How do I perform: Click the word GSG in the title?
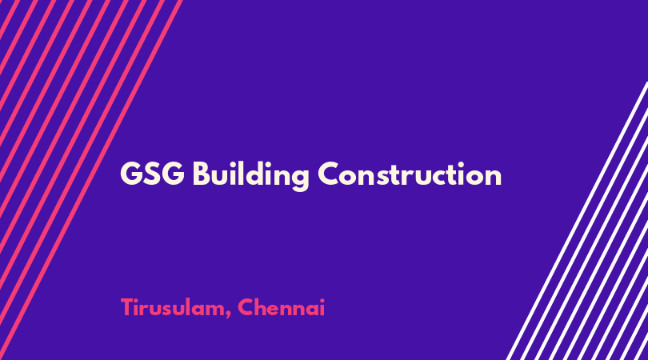coord(152,174)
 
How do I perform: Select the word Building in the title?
coord(251,175)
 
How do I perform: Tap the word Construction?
coord(410,174)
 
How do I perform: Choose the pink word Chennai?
coord(281,307)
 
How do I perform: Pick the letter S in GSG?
coord(152,174)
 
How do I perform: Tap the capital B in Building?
coord(202,174)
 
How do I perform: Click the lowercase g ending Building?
coord(299,178)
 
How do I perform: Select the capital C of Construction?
coord(330,174)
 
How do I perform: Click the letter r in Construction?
coord(419,177)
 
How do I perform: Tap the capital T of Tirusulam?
coord(128,307)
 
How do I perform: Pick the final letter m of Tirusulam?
coord(214,310)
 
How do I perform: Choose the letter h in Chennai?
coord(259,307)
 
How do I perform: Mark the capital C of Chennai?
coord(245,307)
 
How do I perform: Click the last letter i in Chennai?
coord(322,307)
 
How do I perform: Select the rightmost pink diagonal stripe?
coord(91,180)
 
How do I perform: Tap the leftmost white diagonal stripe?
coord(577,221)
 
